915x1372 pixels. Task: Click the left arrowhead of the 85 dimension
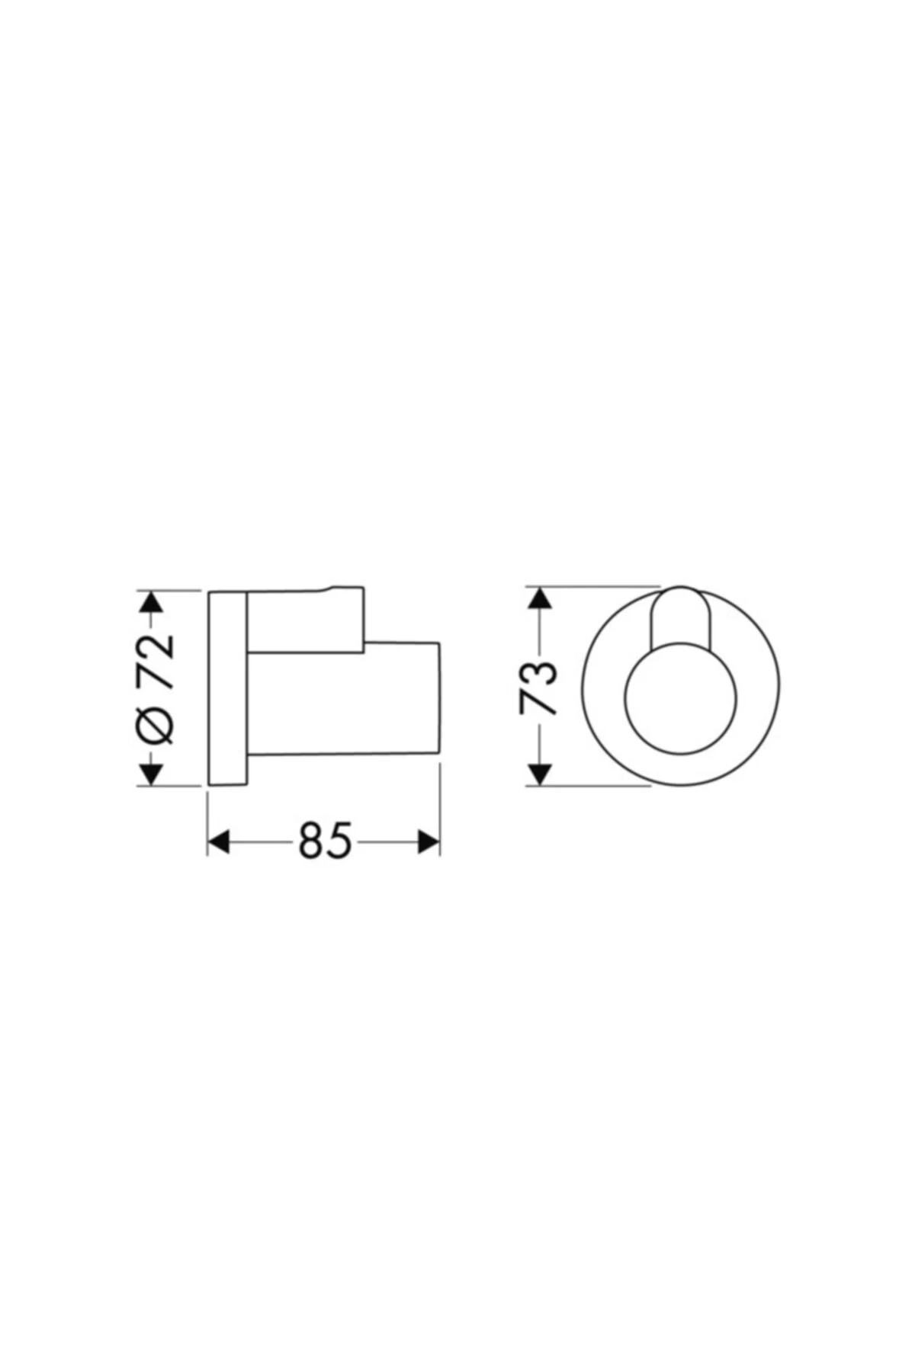pyautogui.click(x=219, y=841)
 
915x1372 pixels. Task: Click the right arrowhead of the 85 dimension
pyautogui.click(x=429, y=841)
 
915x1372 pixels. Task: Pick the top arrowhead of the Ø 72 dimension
pyautogui.click(x=151, y=602)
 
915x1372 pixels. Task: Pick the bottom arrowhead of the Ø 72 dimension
pyautogui.click(x=151, y=774)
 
